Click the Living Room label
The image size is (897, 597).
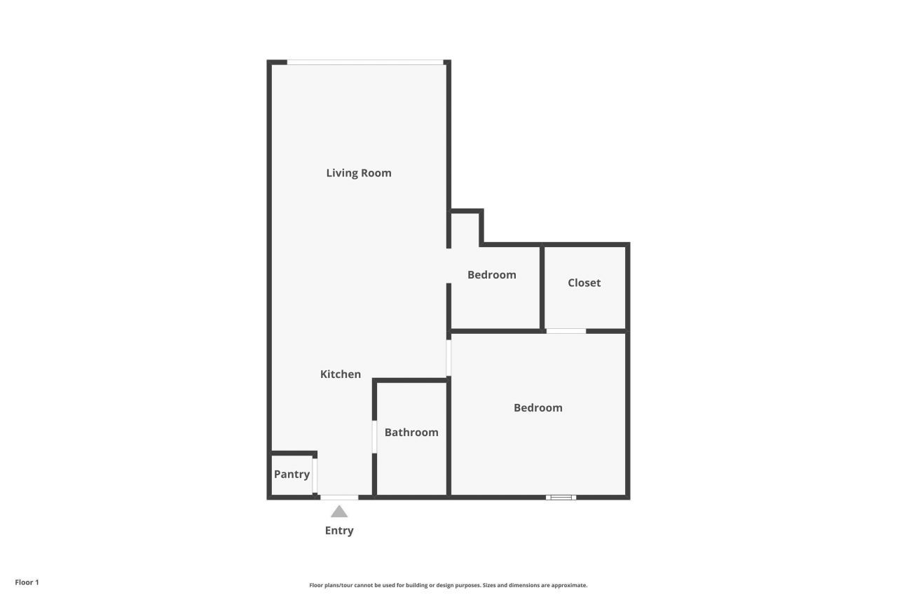pyautogui.click(x=359, y=173)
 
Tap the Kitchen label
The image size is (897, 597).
pyautogui.click(x=341, y=374)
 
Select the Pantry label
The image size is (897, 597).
pyautogui.click(x=292, y=475)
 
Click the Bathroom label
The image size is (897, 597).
pyautogui.click(x=411, y=433)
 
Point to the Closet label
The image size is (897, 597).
pyautogui.click(x=584, y=283)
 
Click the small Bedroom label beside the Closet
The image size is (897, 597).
pyautogui.click(x=492, y=275)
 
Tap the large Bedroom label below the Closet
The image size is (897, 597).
pyautogui.click(x=538, y=408)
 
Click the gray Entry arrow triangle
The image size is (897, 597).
pyautogui.click(x=339, y=512)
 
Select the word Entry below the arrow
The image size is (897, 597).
pyautogui.click(x=339, y=531)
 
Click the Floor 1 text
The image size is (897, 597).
pyautogui.click(x=27, y=582)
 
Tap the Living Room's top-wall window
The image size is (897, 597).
pyautogui.click(x=365, y=62)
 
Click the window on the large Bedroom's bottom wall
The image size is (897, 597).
pyautogui.click(x=561, y=498)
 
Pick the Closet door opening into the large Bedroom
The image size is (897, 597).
pyautogui.click(x=566, y=331)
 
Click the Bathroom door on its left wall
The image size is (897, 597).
pyautogui.click(x=375, y=437)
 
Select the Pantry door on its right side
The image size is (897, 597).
pyautogui.click(x=315, y=475)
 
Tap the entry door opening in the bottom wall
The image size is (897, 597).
pyautogui.click(x=339, y=498)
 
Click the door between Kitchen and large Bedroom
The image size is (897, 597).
pyautogui.click(x=448, y=358)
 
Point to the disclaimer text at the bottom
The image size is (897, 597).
pyautogui.click(x=448, y=585)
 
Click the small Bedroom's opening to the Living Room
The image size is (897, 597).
pyautogui.click(x=448, y=266)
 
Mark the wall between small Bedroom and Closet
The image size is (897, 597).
pyautogui.click(x=542, y=287)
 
